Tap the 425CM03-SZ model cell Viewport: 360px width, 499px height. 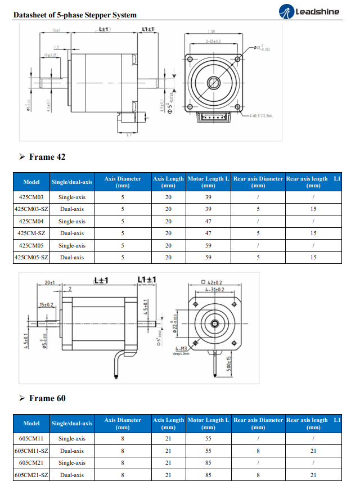(31, 209)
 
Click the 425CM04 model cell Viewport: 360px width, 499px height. (31, 221)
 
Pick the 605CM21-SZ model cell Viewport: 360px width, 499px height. (31, 475)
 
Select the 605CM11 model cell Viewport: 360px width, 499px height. (31, 439)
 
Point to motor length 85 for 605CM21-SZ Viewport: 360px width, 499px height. (208, 475)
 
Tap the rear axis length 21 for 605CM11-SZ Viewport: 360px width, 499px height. (313, 451)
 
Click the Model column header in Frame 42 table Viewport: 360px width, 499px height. (31, 182)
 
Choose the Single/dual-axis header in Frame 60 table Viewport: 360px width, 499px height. (72, 423)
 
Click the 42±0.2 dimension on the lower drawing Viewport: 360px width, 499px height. (211, 282)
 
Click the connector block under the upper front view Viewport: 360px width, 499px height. (213, 118)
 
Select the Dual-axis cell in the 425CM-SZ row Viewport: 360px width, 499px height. (72, 233)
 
